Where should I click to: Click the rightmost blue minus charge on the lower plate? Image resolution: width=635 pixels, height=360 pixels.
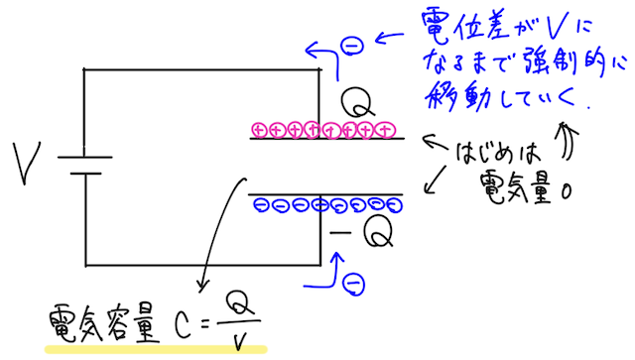point(394,205)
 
